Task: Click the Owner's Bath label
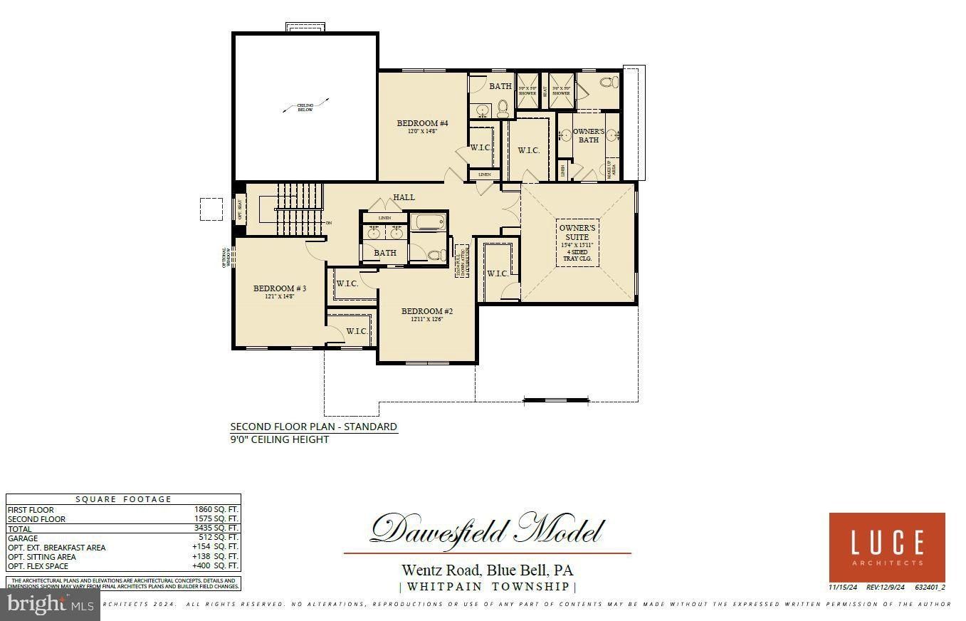589,135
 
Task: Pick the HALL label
404,197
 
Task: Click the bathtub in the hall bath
429,222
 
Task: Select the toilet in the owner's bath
607,83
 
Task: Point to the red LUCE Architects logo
887,547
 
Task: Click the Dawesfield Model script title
487,531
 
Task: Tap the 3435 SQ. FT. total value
216,529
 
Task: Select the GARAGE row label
22,538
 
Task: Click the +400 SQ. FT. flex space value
215,566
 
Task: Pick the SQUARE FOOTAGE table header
124,499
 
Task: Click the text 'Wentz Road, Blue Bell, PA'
487,570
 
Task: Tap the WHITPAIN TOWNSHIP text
487,587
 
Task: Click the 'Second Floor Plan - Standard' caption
313,427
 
